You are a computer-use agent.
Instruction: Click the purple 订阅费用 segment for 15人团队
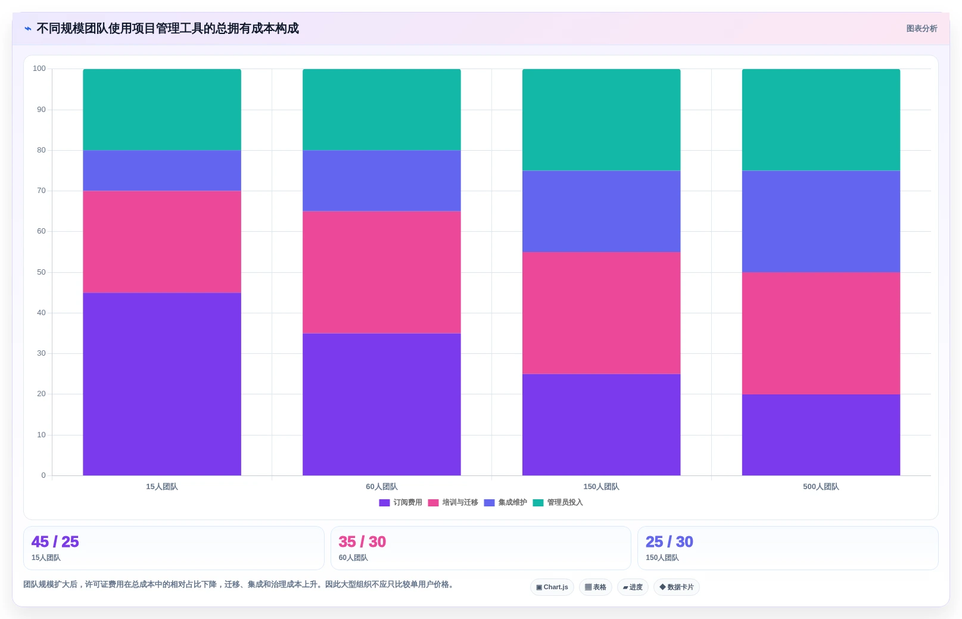(x=162, y=384)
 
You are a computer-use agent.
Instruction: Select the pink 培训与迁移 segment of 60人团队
(x=382, y=272)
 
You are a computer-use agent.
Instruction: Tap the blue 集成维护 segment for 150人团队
(x=601, y=211)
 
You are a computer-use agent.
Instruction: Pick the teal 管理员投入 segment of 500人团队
(x=821, y=120)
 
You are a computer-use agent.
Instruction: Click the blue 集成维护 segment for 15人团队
(x=162, y=170)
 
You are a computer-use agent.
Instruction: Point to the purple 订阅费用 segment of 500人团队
(x=821, y=435)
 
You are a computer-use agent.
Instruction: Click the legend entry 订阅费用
(x=401, y=503)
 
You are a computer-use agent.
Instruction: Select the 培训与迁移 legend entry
(x=453, y=503)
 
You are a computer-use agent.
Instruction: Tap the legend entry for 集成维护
(x=506, y=503)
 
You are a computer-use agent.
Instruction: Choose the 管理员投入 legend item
(x=558, y=503)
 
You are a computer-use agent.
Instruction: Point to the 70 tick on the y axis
(x=41, y=190)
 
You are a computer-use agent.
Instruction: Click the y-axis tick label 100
(x=39, y=69)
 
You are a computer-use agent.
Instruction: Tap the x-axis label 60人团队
(x=382, y=487)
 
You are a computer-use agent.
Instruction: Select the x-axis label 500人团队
(x=821, y=487)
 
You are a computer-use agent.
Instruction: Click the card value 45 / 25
(x=55, y=542)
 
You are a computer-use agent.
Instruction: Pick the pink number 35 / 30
(x=362, y=542)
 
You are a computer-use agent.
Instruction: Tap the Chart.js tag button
(x=552, y=587)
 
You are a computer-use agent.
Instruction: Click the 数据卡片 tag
(x=677, y=587)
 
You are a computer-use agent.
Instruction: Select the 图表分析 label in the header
(x=921, y=29)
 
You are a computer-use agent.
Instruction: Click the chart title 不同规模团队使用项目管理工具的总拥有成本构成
(x=167, y=29)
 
